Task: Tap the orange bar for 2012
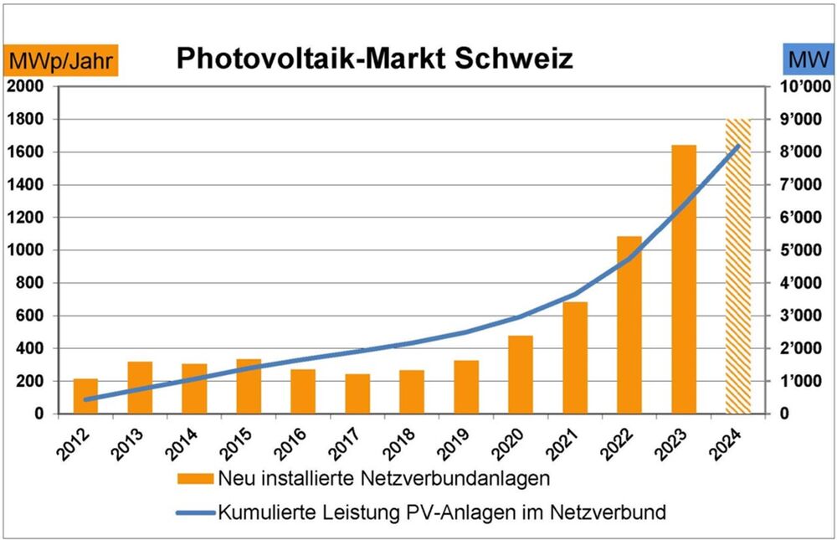pos(86,396)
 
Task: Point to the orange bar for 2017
pos(357,393)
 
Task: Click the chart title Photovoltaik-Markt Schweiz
pos(375,59)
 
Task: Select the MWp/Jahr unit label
pos(63,60)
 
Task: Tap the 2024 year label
pos(733,438)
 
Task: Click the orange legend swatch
pos(194,480)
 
